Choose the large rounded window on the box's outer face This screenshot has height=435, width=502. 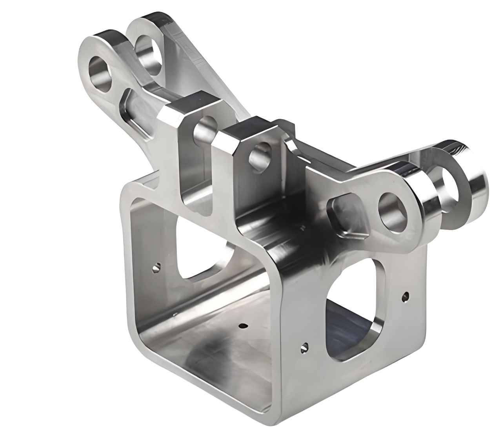pyautogui.click(x=353, y=310)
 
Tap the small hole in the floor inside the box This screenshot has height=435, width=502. pyautogui.click(x=244, y=325)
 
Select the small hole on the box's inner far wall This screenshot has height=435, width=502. pyautogui.click(x=156, y=267)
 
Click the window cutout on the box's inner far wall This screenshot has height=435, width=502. pyautogui.click(x=200, y=251)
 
